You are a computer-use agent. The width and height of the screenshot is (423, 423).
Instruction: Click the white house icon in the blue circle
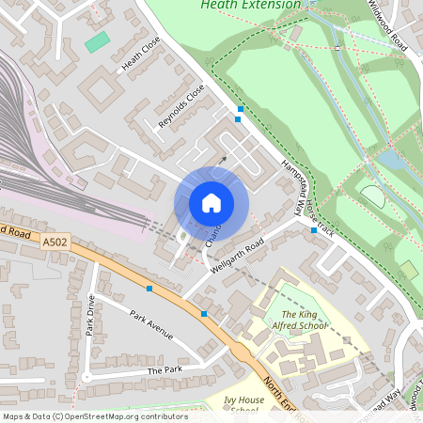tap(211, 203)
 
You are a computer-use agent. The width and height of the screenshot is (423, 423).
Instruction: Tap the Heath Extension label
tap(250, 5)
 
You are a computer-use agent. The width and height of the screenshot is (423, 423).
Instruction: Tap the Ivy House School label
tap(242, 405)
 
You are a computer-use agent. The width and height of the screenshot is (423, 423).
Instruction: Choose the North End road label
tap(279, 395)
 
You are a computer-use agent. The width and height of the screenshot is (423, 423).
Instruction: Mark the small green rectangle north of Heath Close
tap(96, 42)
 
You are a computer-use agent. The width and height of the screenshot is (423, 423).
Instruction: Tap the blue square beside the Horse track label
tap(314, 229)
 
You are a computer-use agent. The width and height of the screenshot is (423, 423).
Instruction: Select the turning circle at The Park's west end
tap(86, 377)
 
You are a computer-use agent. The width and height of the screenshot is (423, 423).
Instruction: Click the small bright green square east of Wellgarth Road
tap(409, 271)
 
